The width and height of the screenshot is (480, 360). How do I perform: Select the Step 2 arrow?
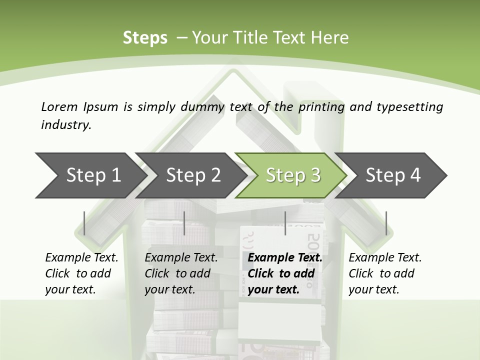(192, 175)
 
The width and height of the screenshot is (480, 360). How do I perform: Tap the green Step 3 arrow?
(292, 175)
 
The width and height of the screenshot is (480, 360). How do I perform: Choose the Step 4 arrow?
(392, 175)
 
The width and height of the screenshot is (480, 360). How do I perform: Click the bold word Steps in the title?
(145, 38)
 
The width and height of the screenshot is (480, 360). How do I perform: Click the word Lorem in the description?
(59, 106)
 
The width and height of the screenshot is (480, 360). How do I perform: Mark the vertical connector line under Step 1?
(84, 223)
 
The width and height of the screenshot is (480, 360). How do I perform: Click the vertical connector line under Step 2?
(184, 223)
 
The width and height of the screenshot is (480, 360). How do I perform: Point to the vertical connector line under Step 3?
(285, 223)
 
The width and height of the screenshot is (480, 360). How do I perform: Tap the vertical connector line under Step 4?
(386, 223)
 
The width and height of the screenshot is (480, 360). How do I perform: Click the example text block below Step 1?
(81, 273)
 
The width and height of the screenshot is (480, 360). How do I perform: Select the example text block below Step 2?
(180, 273)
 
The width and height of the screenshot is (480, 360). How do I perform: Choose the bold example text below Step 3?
(284, 273)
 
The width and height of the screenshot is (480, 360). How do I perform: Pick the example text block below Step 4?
(384, 273)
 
